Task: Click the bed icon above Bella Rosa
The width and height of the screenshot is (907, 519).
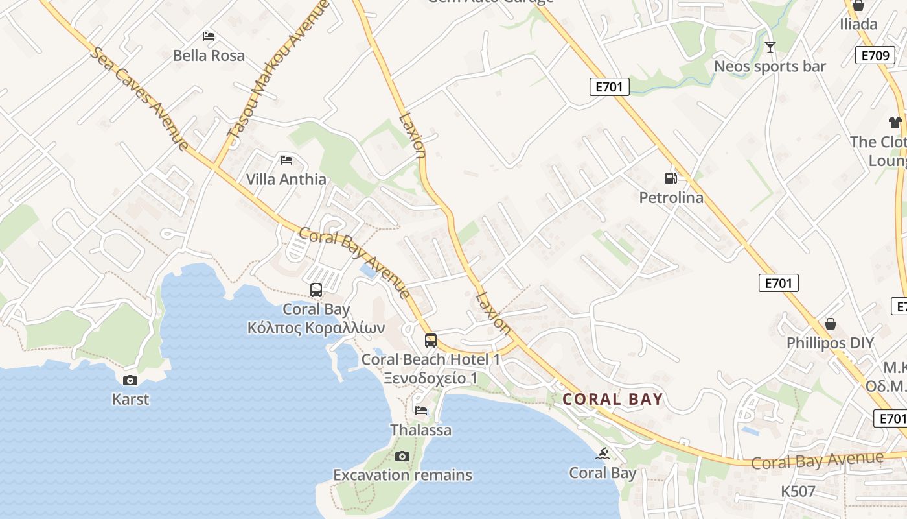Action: (209, 36)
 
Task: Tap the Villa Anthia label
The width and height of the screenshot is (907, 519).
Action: (286, 179)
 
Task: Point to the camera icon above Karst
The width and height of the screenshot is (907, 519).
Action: (130, 380)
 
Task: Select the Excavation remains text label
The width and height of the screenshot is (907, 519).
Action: (402, 475)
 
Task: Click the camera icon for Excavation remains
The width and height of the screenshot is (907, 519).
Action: (402, 456)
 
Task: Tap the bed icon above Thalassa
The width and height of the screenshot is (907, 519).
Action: (421, 410)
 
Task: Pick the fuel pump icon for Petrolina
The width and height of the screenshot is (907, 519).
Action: (671, 178)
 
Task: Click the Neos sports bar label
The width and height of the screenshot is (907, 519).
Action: (770, 66)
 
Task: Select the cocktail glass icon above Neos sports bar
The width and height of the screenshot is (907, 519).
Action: (770, 47)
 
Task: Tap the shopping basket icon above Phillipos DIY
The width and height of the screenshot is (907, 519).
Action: (830, 323)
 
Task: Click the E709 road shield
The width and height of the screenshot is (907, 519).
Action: (875, 55)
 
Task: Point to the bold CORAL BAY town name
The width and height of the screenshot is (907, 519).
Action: (613, 399)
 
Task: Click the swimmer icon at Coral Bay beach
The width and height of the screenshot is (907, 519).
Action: (603, 453)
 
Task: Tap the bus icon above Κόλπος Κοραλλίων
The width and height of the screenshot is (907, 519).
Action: (316, 289)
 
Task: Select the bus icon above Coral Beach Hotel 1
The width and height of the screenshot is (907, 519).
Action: (431, 340)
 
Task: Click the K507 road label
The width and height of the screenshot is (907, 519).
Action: (798, 491)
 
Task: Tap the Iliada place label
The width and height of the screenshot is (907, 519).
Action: (858, 25)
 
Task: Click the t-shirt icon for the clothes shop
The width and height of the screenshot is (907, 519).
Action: (895, 122)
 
